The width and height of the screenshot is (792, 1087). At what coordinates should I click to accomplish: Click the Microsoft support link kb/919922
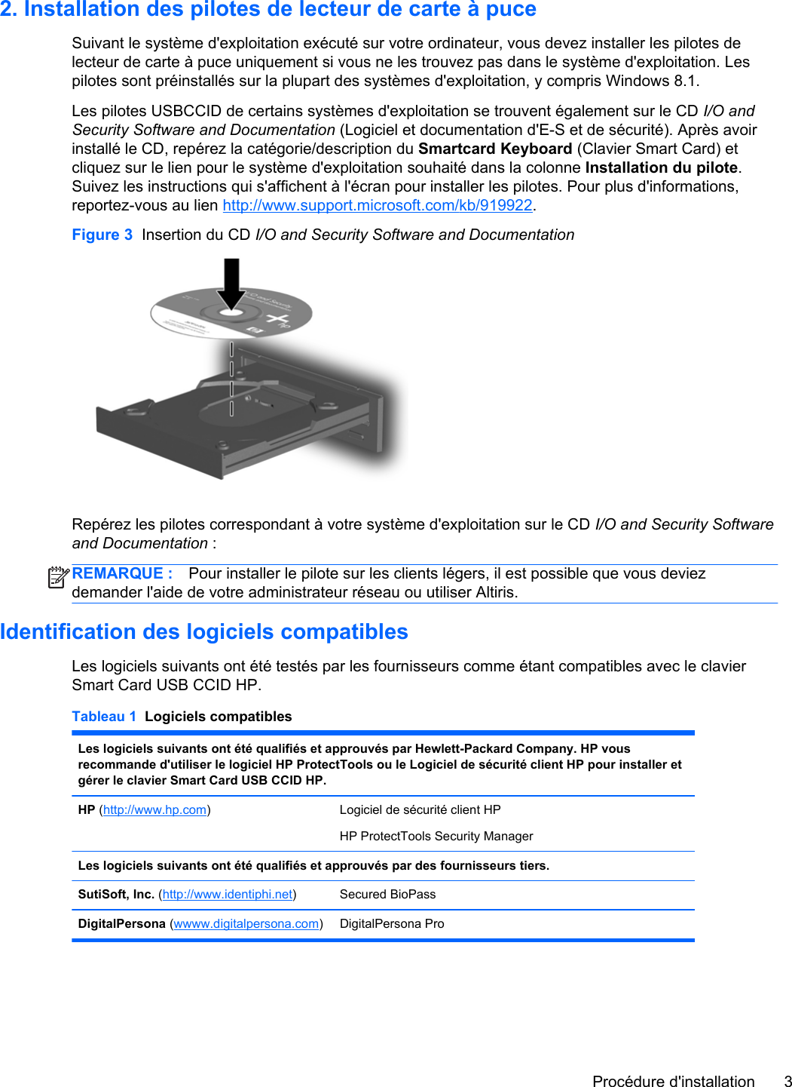click(x=378, y=205)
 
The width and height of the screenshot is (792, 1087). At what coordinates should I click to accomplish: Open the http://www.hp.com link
click(x=154, y=809)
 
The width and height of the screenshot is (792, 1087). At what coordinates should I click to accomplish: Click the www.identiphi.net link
click(x=228, y=894)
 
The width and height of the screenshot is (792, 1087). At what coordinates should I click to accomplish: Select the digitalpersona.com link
click(x=246, y=923)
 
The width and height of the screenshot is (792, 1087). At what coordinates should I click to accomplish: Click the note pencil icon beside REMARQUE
click(x=58, y=578)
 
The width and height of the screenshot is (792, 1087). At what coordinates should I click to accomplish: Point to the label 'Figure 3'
click(x=102, y=235)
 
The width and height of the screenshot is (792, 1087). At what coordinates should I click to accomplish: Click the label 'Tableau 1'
click(x=104, y=717)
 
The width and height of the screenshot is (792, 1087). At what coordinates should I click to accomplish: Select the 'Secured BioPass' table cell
click(x=387, y=894)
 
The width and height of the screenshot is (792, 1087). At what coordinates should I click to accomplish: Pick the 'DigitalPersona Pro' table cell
click(x=392, y=923)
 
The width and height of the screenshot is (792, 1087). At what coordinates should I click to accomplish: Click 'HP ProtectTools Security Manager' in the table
click(x=436, y=836)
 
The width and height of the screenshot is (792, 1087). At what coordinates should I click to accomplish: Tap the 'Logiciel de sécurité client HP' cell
click(x=420, y=809)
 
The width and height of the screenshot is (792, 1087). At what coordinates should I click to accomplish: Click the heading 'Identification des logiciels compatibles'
click(x=204, y=631)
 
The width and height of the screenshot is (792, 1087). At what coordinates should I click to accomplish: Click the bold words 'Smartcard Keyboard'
click(x=495, y=149)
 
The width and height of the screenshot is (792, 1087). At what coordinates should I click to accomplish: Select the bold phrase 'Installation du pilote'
click(x=661, y=167)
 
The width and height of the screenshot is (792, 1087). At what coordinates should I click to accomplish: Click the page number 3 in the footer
click(x=787, y=1081)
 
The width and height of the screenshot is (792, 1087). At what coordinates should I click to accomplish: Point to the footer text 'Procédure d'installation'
click(x=673, y=1081)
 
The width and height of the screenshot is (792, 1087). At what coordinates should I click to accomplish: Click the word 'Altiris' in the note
click(x=496, y=592)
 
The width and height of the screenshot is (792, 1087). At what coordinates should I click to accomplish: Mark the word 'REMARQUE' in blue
click(x=118, y=573)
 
